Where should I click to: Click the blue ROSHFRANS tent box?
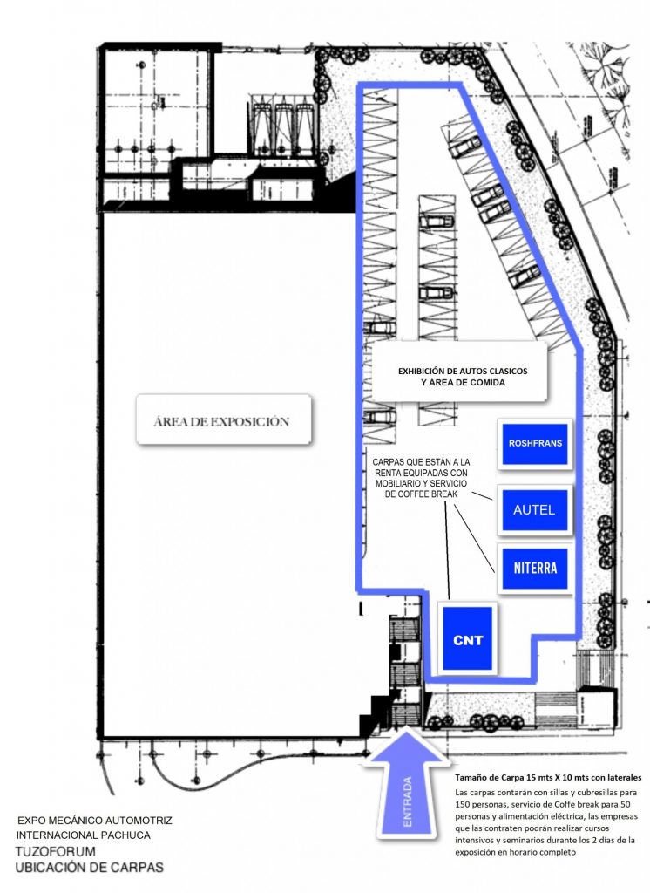[535, 444]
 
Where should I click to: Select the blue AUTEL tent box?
[534, 509]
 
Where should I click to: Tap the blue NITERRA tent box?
[535, 569]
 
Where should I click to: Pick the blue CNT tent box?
[468, 639]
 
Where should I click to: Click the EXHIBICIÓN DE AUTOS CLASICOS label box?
[459, 372]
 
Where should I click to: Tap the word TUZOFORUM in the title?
[55, 852]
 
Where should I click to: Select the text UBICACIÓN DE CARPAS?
[90, 868]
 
